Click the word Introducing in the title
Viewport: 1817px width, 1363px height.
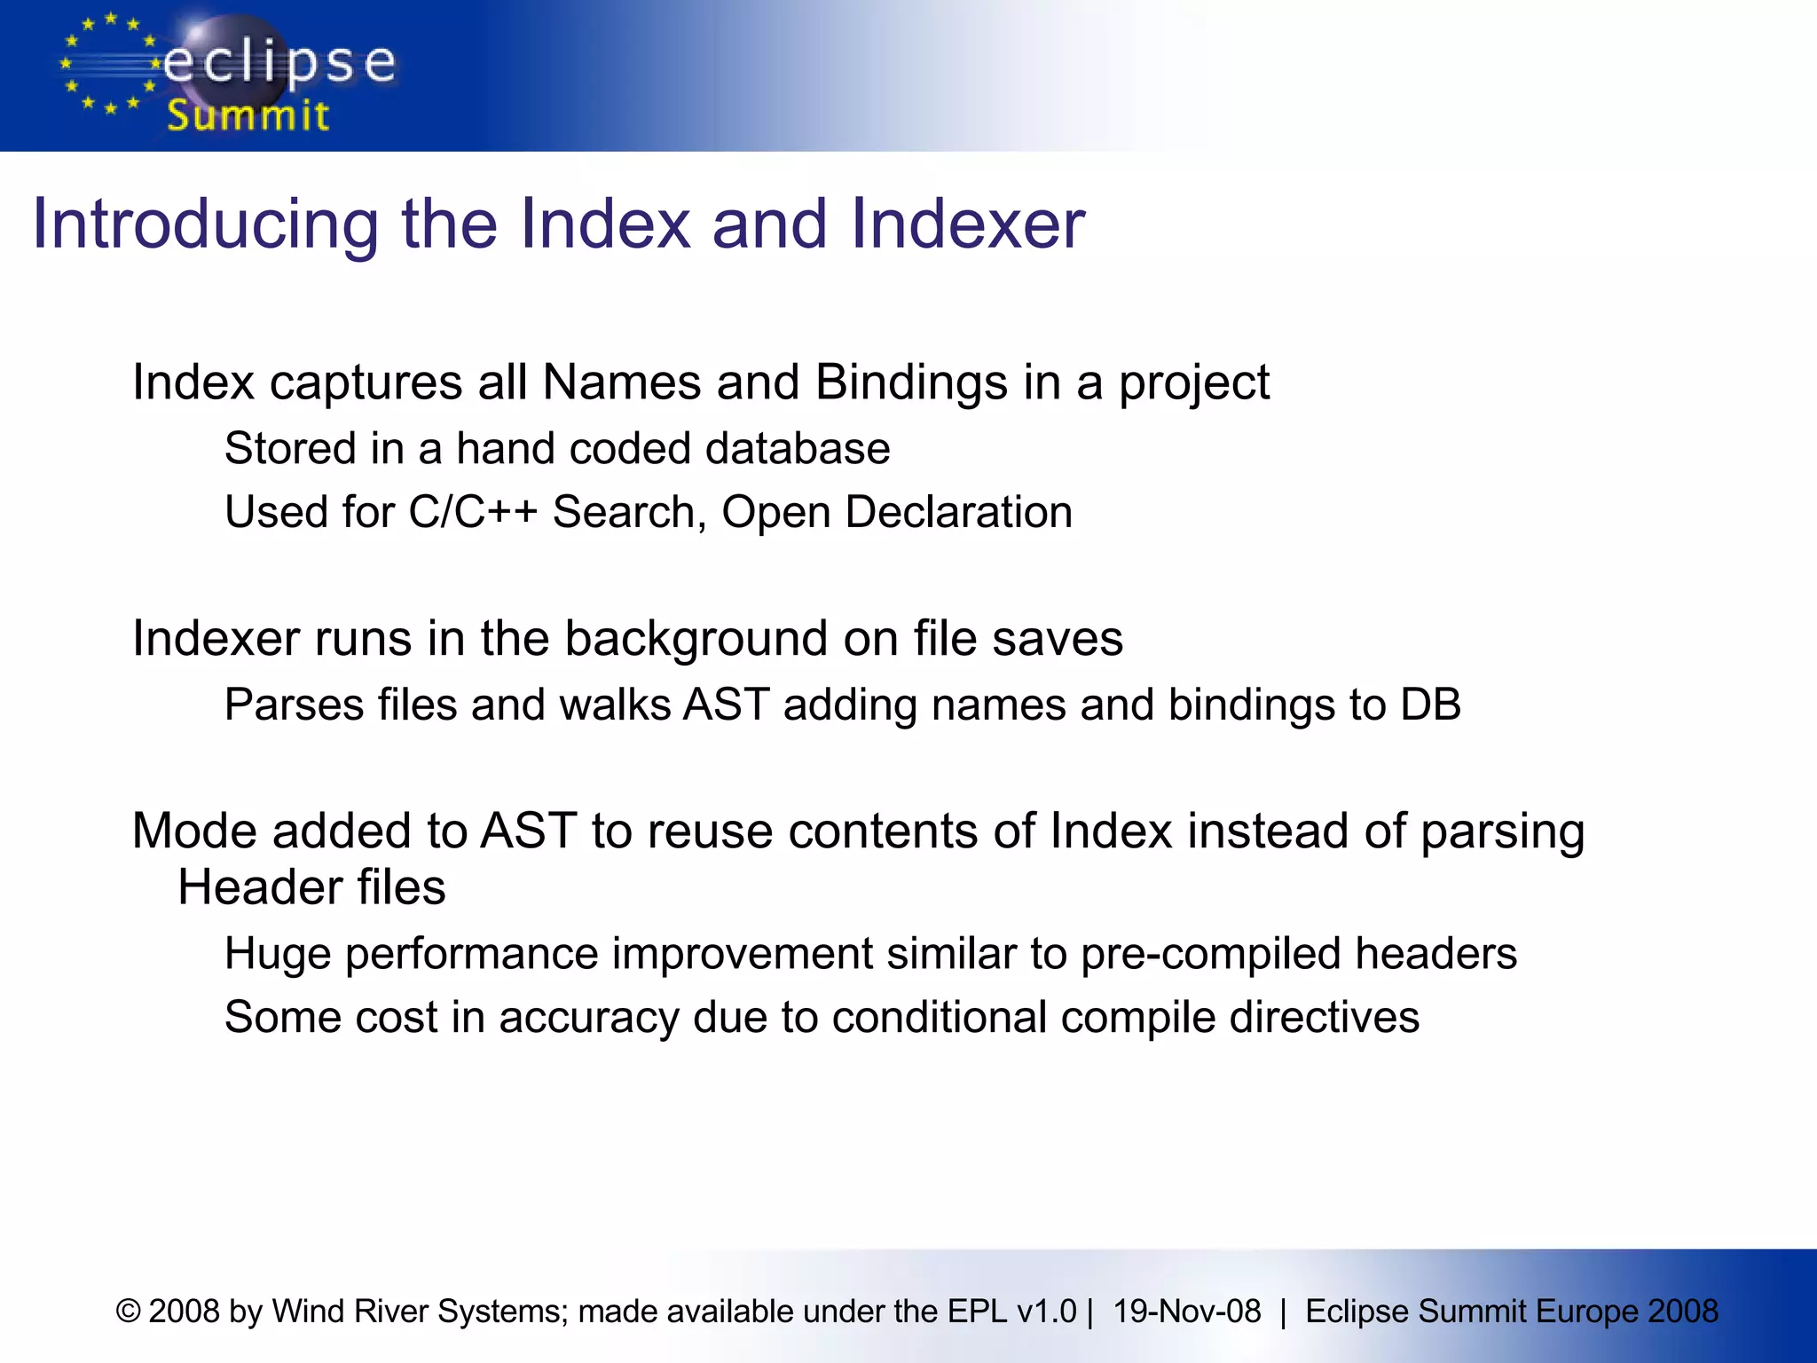206,225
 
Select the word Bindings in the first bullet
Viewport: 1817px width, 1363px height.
911,383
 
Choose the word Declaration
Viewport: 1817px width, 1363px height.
958,512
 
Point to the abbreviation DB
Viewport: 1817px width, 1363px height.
1430,705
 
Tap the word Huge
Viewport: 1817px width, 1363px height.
278,955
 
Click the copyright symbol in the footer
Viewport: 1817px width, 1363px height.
129,1312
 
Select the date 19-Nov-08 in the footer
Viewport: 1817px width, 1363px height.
1186,1312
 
